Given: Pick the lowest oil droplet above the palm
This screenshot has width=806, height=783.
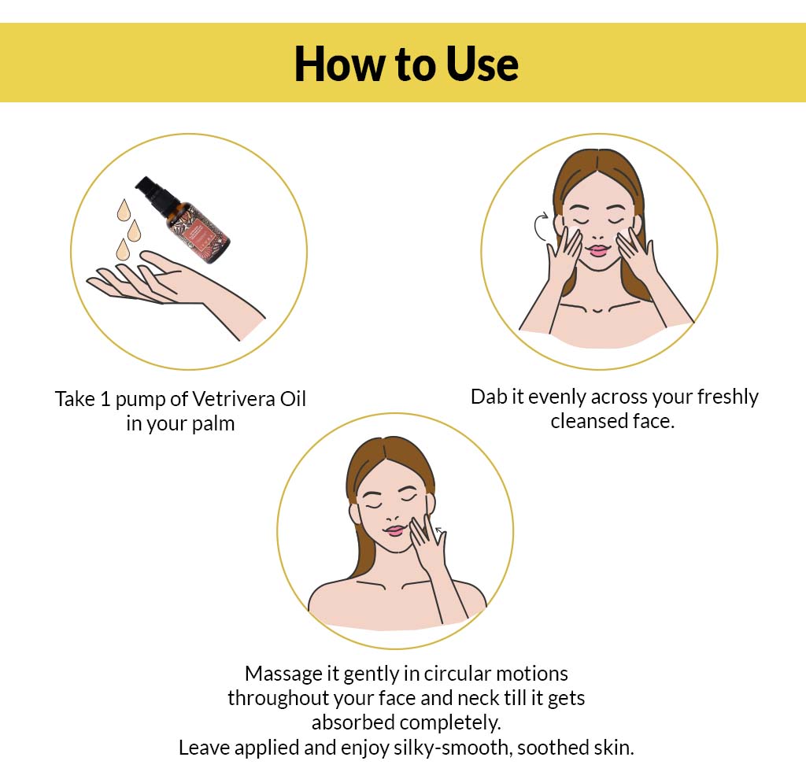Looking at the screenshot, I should tap(122, 250).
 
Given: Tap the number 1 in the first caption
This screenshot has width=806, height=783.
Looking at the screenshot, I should tap(107, 399).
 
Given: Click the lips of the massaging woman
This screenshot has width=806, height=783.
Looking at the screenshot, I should tap(394, 530).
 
